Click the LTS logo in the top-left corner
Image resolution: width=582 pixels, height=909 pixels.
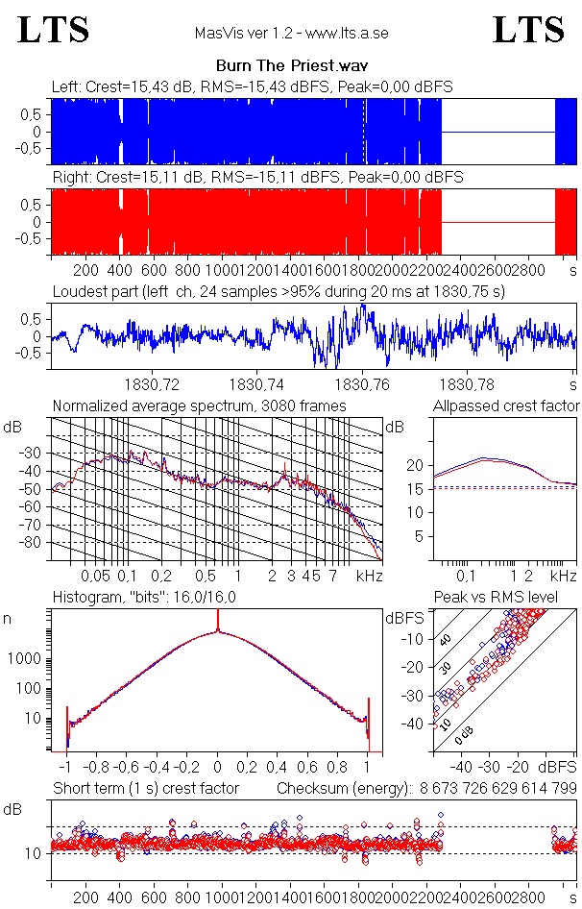[54, 30]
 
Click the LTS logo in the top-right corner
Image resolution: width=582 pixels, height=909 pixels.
[528, 30]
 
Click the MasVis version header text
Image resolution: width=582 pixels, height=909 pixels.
[291, 34]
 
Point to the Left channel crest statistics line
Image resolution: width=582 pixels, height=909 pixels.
[253, 87]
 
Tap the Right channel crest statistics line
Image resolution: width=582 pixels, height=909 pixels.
[257, 178]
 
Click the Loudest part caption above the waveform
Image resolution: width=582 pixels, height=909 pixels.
[279, 290]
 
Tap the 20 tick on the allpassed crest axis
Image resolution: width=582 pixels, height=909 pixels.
[416, 466]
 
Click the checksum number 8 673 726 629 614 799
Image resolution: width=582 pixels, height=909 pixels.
[497, 789]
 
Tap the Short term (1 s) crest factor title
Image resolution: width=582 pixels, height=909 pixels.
[145, 789]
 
